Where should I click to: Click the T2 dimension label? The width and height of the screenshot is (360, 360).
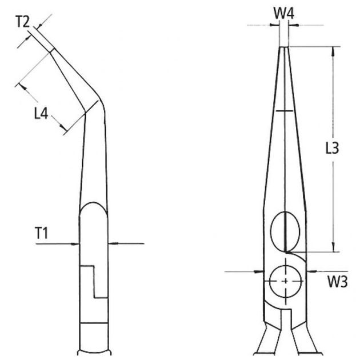click(22, 22)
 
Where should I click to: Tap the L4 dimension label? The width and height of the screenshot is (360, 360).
click(40, 113)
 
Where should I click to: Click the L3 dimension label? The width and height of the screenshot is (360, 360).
click(332, 149)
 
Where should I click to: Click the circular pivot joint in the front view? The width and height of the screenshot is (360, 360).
click(285, 280)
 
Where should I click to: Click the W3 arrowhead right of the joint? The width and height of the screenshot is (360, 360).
click(309, 271)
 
